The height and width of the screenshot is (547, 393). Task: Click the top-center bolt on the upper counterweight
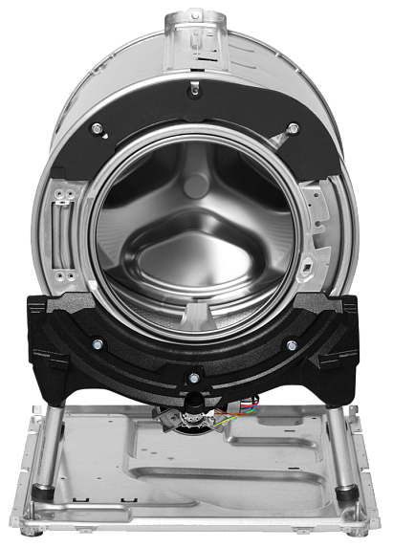click(x=194, y=88)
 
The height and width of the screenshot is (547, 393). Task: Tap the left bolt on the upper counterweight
click(x=98, y=127)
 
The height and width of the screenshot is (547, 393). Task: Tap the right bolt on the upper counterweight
click(x=293, y=127)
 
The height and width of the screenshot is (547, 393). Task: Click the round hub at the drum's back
click(x=196, y=185)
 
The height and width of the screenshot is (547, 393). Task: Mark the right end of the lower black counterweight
click(x=354, y=330)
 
